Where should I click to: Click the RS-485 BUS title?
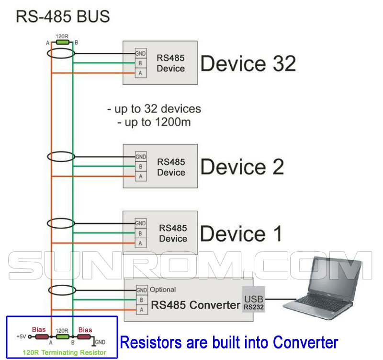point(63,17)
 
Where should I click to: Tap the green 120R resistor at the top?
point(62,43)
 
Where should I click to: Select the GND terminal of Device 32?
point(141,53)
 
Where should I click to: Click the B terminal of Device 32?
point(141,63)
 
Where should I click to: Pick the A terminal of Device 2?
point(141,176)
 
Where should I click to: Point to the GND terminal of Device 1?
point(141,223)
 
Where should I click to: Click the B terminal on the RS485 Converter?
point(141,301)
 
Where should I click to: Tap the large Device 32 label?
point(248,64)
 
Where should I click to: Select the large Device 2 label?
point(242,167)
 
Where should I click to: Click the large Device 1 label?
point(241,234)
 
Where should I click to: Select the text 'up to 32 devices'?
point(154,109)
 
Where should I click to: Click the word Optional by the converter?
point(163,290)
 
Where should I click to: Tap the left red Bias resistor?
point(39,337)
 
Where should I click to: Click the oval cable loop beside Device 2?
point(61,157)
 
